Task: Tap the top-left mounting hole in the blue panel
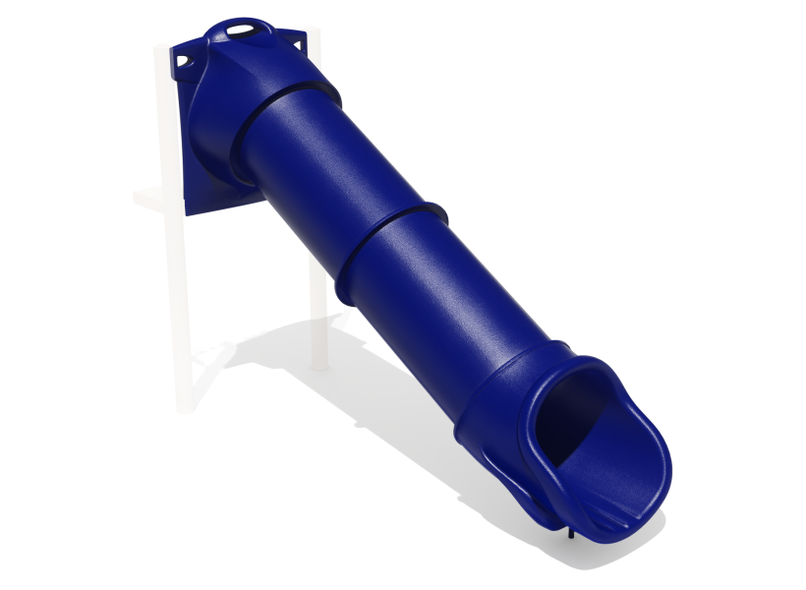click(181, 60)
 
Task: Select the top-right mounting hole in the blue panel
click(293, 43)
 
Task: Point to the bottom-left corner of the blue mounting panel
click(188, 210)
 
